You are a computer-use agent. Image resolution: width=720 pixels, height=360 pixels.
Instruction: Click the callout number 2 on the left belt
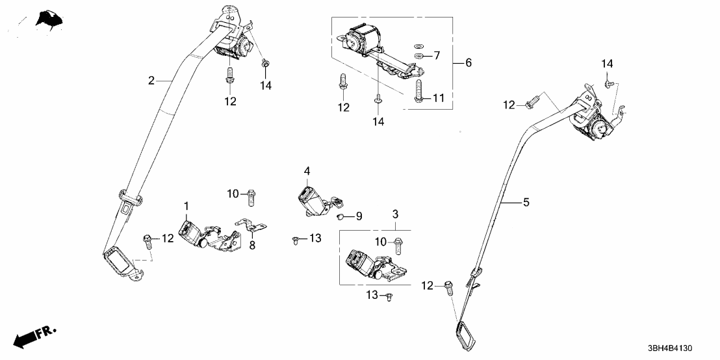(151, 81)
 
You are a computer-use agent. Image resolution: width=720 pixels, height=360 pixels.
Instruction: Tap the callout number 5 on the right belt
(526, 203)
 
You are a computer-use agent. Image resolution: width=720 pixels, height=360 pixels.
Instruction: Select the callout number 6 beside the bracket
(468, 63)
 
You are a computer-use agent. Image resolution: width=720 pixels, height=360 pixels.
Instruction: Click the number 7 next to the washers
(437, 56)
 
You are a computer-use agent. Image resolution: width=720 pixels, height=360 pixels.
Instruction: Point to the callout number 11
(438, 98)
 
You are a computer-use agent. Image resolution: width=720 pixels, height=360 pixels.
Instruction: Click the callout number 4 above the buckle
(307, 172)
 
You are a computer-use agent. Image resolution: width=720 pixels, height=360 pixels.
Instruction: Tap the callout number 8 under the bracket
(252, 246)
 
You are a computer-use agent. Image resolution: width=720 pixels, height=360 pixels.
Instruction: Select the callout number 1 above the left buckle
(186, 207)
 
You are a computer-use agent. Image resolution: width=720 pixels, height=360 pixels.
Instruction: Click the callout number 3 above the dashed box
(394, 214)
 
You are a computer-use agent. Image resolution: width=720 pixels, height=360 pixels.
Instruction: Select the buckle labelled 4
(313, 199)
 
